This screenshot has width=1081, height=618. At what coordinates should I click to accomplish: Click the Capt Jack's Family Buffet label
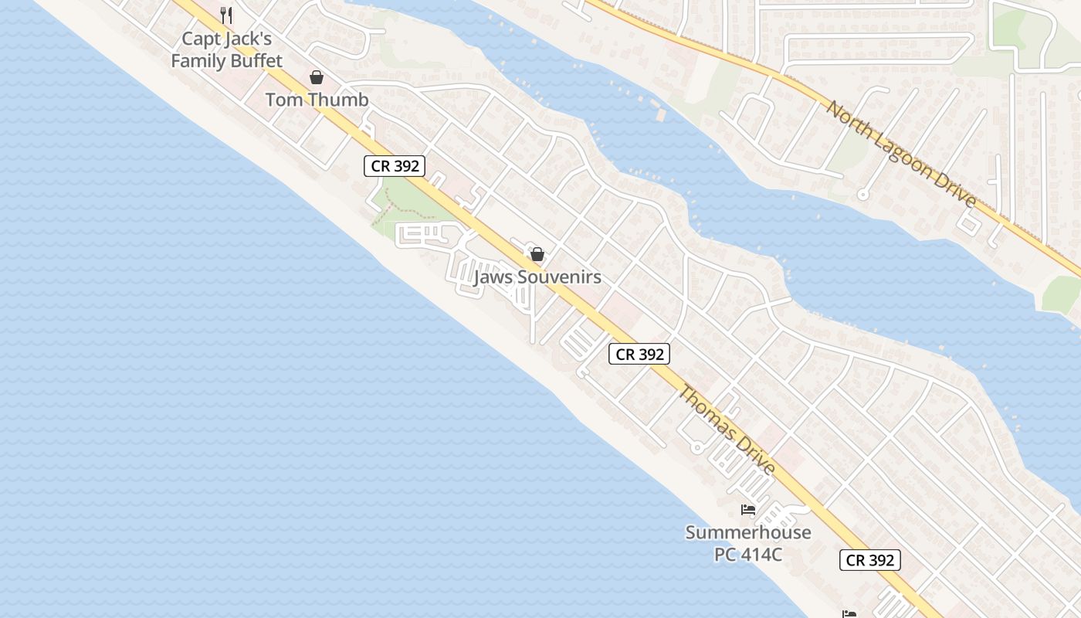click(x=226, y=49)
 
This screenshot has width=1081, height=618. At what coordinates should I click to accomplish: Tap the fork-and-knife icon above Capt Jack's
click(x=226, y=15)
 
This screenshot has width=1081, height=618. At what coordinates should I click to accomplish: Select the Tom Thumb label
click(x=317, y=100)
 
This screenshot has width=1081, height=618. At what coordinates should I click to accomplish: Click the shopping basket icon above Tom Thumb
click(x=317, y=76)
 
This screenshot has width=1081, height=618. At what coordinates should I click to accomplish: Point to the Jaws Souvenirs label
click(x=537, y=277)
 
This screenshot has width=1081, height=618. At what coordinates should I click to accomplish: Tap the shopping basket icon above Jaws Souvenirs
click(x=537, y=253)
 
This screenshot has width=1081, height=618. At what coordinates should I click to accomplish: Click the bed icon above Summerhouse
click(x=747, y=510)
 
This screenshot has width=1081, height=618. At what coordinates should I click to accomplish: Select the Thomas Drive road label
click(x=726, y=430)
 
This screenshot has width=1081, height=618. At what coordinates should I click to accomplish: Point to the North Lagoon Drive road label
click(x=901, y=154)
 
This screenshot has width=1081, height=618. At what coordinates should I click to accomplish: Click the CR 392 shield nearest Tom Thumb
click(x=395, y=165)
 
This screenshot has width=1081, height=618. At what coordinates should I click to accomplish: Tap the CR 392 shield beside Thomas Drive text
click(x=639, y=354)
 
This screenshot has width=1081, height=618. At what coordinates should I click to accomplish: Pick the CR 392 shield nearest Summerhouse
click(x=870, y=560)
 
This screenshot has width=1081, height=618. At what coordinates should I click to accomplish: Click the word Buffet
click(x=252, y=60)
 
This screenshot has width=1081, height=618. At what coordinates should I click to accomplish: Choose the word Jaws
click(x=493, y=277)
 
